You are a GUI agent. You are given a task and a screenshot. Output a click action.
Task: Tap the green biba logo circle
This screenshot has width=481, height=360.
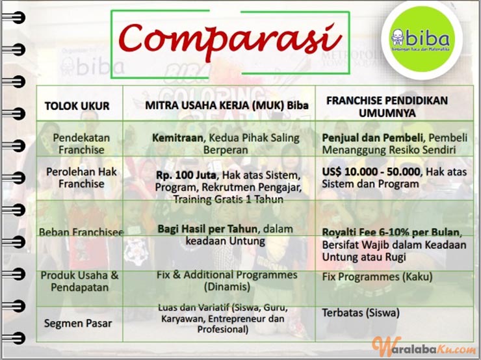pyautogui.click(x=421, y=39)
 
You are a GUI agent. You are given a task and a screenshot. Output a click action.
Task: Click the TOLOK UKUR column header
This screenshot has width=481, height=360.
pyautogui.click(x=77, y=106)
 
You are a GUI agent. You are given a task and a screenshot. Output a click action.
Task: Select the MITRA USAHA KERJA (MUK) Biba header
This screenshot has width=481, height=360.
pyautogui.click(x=227, y=105)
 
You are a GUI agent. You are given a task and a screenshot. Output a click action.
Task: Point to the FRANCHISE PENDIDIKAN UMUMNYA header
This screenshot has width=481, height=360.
pyautogui.click(x=387, y=107)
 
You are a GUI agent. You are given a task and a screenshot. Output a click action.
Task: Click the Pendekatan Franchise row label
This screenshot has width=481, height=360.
pyautogui.click(x=81, y=144)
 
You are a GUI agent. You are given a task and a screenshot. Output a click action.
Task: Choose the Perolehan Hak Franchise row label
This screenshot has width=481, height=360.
pyautogui.click(x=81, y=177)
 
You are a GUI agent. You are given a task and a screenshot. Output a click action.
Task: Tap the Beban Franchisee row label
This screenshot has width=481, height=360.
pyautogui.click(x=81, y=232)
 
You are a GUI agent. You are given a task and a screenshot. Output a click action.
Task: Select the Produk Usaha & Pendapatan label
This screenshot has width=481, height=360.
pyautogui.click(x=80, y=281)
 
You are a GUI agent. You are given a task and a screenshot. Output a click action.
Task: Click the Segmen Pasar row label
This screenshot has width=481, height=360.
pyautogui.click(x=78, y=323)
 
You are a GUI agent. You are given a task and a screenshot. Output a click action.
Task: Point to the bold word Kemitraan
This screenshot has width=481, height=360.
pyautogui.click(x=177, y=138)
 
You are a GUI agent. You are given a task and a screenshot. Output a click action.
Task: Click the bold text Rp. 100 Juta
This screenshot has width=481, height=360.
pyautogui.click(x=186, y=175)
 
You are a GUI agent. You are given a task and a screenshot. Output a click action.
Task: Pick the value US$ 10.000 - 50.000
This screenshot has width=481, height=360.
pyautogui.click(x=371, y=172)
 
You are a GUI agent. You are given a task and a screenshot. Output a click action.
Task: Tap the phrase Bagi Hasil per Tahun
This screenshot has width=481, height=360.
pyautogui.click(x=208, y=229)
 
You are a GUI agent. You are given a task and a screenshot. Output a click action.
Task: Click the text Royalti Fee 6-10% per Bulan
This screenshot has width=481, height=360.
pyautogui.click(x=391, y=232)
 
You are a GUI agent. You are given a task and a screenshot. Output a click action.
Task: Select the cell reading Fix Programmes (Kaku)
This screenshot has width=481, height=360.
pyautogui.click(x=377, y=277)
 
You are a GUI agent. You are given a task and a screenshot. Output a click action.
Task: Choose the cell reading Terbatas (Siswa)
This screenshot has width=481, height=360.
pyautogui.click(x=361, y=313)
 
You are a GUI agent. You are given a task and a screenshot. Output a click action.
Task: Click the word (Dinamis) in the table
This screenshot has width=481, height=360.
pyautogui.click(x=227, y=287)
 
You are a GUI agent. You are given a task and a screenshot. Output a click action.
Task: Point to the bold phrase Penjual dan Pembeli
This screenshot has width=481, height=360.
pyautogui.click(x=372, y=138)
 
